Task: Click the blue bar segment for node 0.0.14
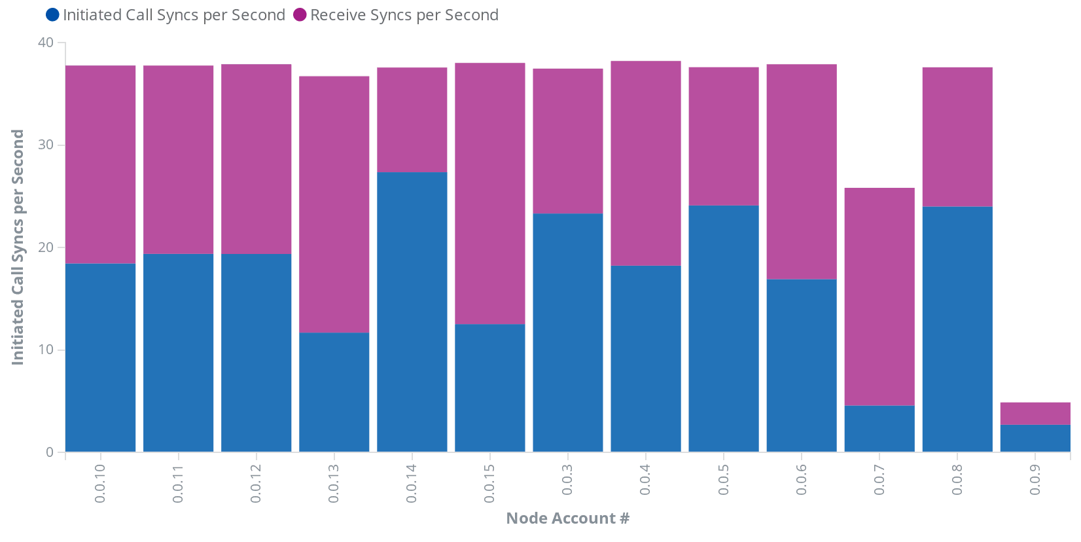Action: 412,312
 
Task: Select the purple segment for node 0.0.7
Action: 879,297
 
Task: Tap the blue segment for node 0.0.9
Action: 1035,438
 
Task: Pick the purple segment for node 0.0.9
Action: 1035,414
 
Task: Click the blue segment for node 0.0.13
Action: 334,392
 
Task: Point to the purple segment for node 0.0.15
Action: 490,194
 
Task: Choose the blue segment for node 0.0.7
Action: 879,429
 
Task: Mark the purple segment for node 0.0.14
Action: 412,120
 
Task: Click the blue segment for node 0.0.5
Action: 724,329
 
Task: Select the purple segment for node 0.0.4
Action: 646,163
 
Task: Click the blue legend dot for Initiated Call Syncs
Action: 52,14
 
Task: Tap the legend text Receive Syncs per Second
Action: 404,15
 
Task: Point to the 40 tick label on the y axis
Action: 46,43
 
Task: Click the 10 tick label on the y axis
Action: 46,350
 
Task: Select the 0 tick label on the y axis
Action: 50,452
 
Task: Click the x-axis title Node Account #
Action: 568,518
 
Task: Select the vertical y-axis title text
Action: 18,247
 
